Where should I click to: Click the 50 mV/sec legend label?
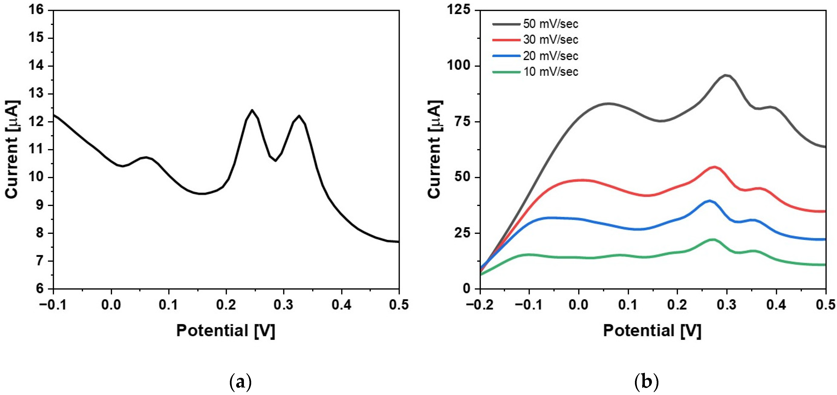click(x=550, y=24)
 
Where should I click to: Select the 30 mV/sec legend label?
click(x=550, y=40)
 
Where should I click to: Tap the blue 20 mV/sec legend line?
click(x=506, y=56)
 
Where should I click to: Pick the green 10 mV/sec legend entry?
click(x=550, y=71)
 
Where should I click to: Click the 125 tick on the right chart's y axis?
click(x=458, y=10)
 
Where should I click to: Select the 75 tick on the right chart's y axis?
click(x=463, y=122)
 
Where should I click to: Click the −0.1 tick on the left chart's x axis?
click(x=53, y=305)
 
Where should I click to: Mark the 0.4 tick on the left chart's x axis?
click(x=341, y=305)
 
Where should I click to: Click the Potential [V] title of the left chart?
click(x=226, y=331)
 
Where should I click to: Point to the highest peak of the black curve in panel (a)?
click(x=252, y=110)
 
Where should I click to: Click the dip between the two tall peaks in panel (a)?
click(x=276, y=160)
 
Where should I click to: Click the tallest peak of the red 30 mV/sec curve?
click(x=714, y=167)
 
